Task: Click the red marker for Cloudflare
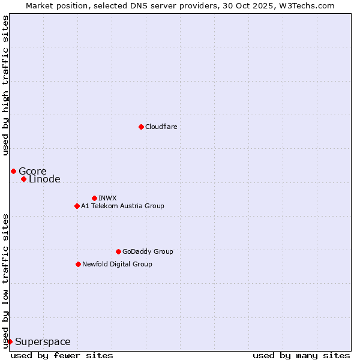click(141, 127)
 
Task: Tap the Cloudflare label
click(161, 127)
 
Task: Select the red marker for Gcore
click(13, 171)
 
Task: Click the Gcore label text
click(32, 172)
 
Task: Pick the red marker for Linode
click(23, 179)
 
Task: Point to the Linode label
click(44, 179)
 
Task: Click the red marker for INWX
click(94, 198)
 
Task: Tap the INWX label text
click(108, 199)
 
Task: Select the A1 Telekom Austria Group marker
click(77, 206)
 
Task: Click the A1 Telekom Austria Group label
click(123, 206)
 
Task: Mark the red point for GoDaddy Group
click(118, 251)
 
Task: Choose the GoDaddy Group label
click(148, 252)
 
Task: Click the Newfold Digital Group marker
click(78, 264)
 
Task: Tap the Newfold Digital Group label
click(118, 265)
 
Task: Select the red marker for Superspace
click(10, 341)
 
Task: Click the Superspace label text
click(43, 342)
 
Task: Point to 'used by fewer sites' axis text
click(62, 355)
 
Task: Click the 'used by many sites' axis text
click(301, 355)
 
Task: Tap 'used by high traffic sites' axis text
click(5, 85)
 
